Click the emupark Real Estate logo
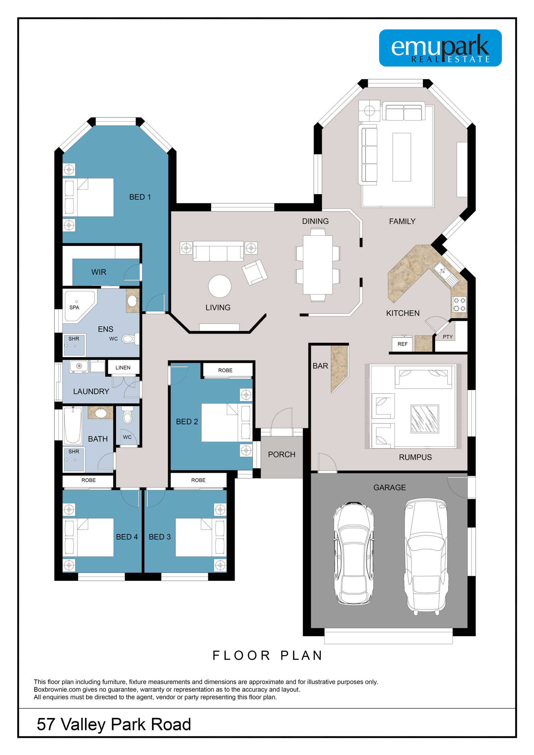440,48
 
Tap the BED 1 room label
140,197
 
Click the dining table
318,265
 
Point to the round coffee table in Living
220,286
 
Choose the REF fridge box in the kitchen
402,344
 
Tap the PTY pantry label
447,337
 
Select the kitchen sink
445,274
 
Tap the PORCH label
282,455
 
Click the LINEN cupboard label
123,368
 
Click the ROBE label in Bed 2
225,371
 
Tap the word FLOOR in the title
241,656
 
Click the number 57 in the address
46,724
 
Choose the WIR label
99,272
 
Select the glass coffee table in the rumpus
424,419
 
